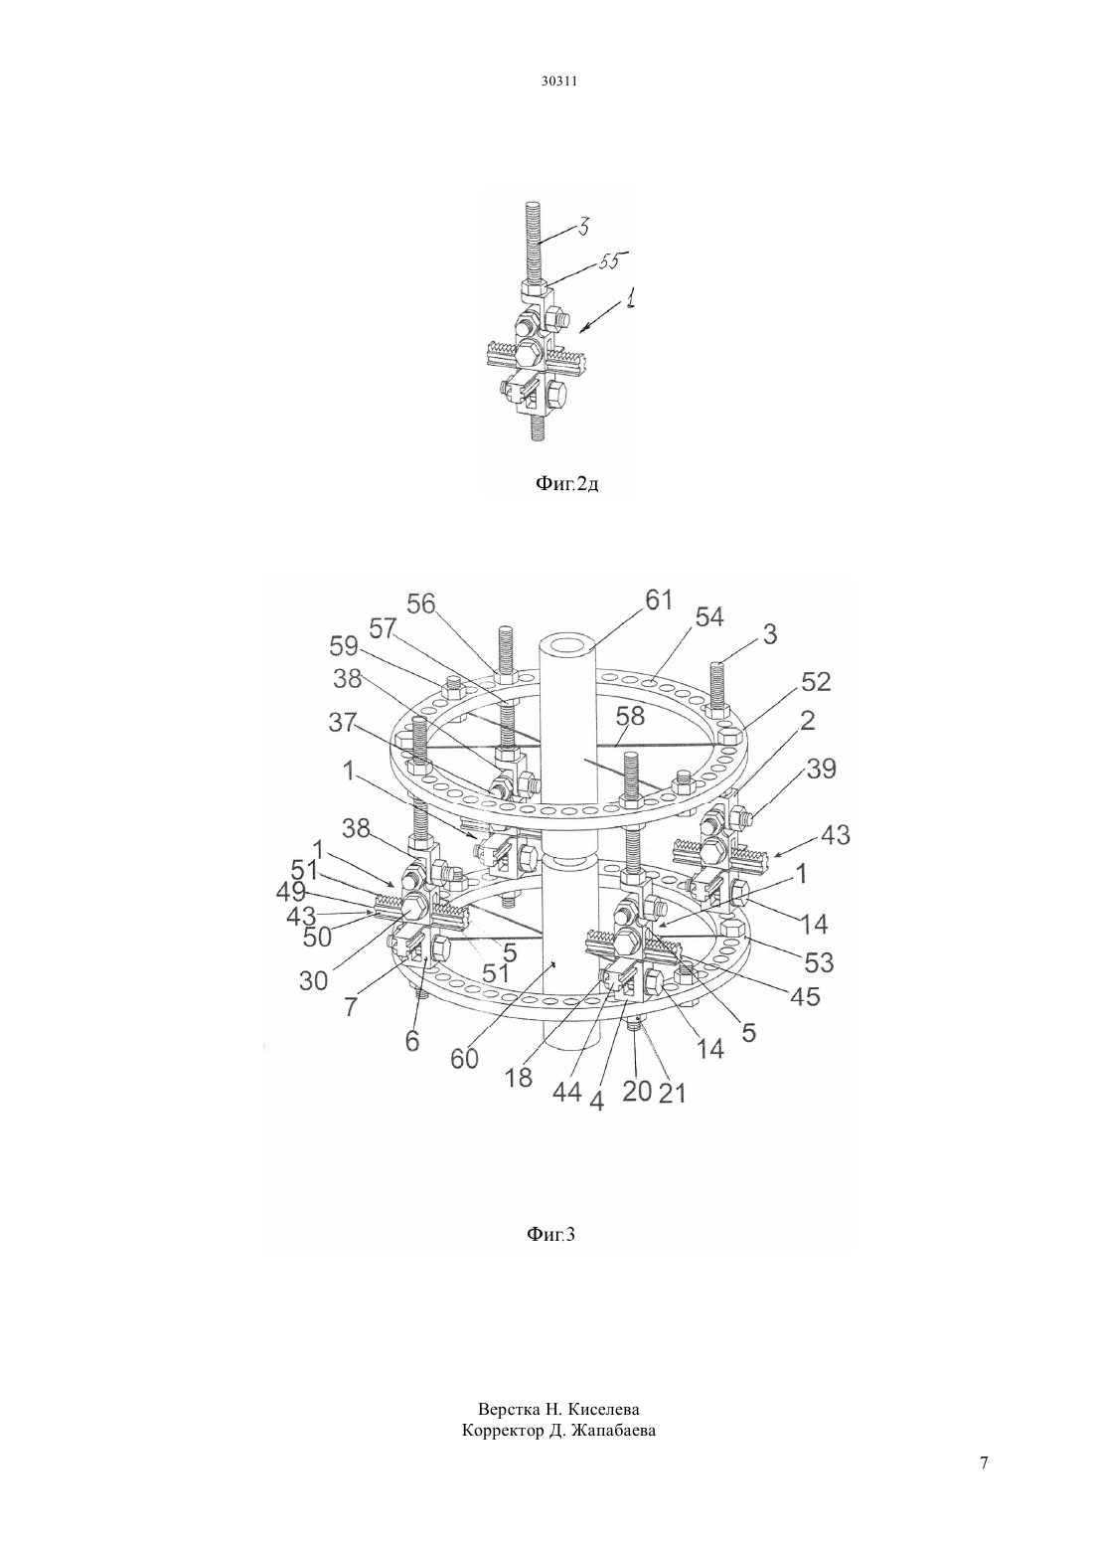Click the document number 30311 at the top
tap(558, 82)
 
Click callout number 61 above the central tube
tap(658, 600)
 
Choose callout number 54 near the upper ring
tap(709, 617)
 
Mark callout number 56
tap(421, 603)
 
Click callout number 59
tap(343, 646)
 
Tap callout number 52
tap(816, 682)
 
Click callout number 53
tap(818, 961)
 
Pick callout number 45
tap(805, 996)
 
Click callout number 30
tap(313, 979)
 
